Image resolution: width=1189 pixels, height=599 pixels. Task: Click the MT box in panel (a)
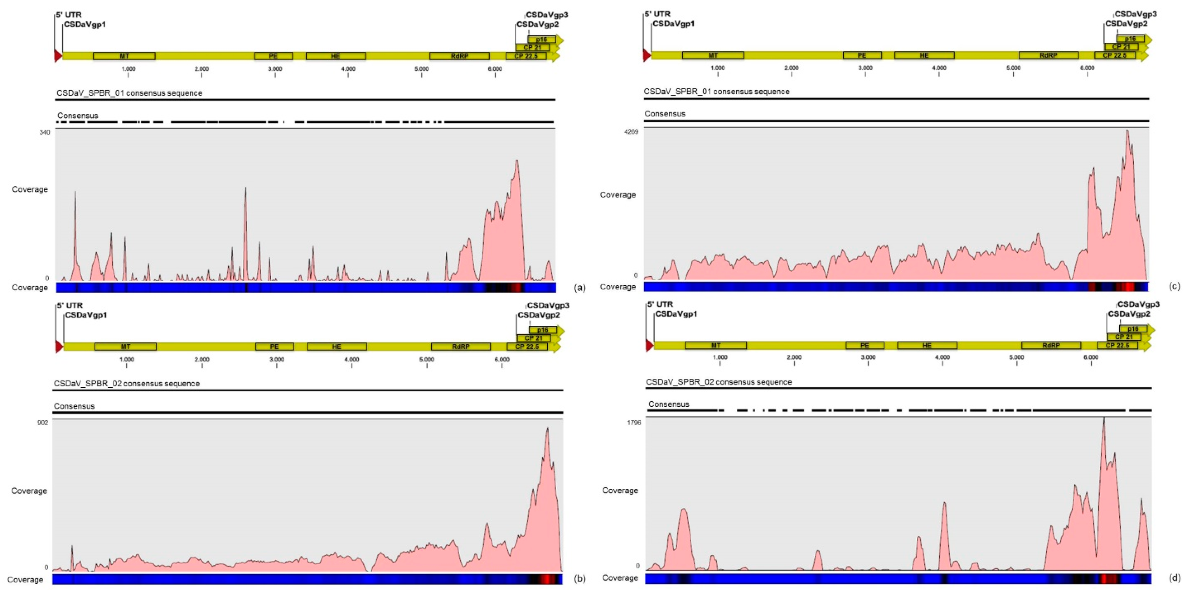click(124, 56)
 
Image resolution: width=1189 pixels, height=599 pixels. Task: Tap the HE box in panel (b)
click(336, 347)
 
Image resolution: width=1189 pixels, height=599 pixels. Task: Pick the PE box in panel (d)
click(865, 345)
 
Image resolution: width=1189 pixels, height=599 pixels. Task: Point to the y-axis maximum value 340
click(44, 132)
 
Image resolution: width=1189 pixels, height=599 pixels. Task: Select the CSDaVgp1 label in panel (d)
click(676, 314)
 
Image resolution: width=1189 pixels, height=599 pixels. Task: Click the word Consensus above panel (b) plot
click(74, 406)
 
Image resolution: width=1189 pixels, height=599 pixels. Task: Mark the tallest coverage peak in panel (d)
click(1104, 419)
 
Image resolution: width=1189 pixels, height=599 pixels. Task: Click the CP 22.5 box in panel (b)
click(527, 347)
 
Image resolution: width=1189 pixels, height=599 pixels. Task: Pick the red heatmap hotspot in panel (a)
click(516, 288)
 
